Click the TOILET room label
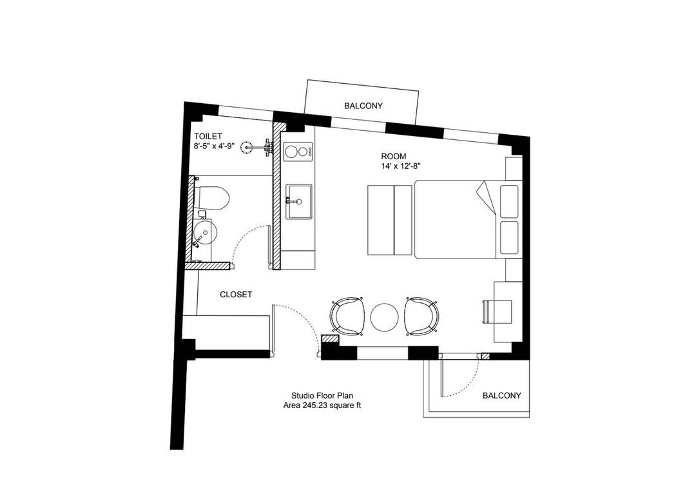point(208,137)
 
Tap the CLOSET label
point(236,295)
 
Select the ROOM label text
point(393,157)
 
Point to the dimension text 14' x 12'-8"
point(400,166)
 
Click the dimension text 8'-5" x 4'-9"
point(214,145)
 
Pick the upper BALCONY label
point(363,106)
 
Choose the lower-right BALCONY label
point(501,395)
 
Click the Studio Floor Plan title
point(322,395)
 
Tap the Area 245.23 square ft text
point(322,405)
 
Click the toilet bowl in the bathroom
point(212,198)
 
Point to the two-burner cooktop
point(298,152)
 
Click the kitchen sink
point(298,202)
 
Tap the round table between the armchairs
point(384,317)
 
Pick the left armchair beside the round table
point(347,317)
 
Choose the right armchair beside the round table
point(422,317)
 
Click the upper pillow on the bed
point(509,202)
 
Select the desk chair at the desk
point(487,311)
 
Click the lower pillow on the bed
point(509,237)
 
